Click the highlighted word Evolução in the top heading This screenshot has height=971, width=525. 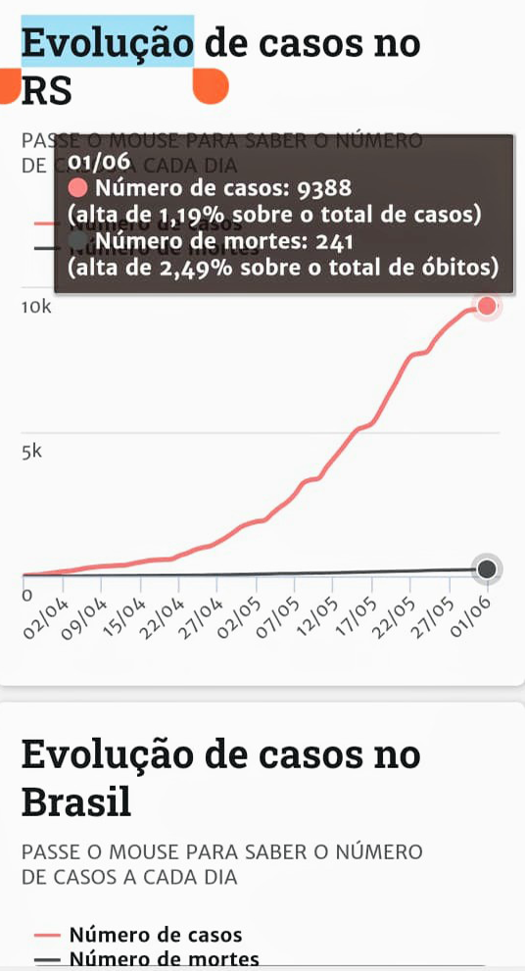click(x=107, y=44)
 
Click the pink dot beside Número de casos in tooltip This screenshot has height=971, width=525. click(x=78, y=188)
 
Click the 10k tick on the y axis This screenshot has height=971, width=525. click(x=36, y=308)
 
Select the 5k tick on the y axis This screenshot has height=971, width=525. click(x=31, y=452)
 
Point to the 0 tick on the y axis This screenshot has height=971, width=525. click(x=27, y=594)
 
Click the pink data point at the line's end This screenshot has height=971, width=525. click(x=487, y=308)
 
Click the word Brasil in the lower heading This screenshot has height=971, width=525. click(x=76, y=802)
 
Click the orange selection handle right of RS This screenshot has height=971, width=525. click(x=210, y=88)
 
